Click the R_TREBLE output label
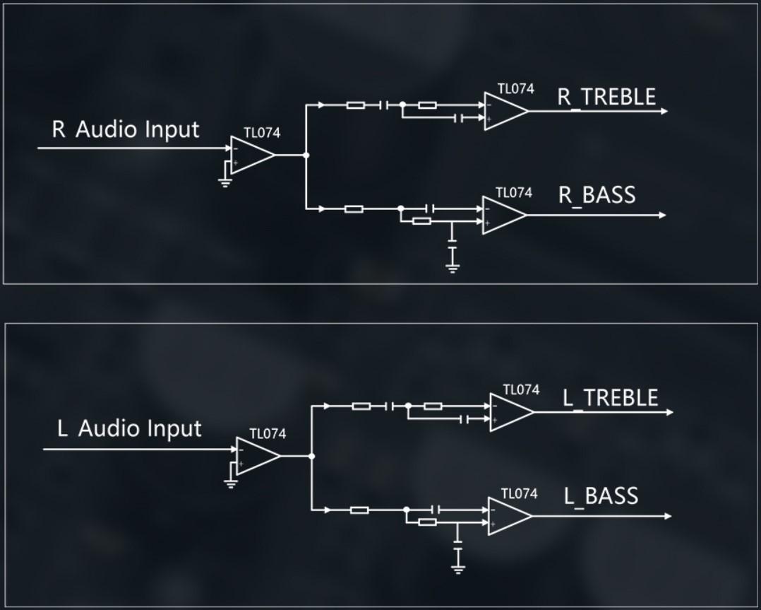tap(606, 97)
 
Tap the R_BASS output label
tap(597, 194)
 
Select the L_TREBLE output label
tap(610, 397)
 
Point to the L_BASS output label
tap(601, 495)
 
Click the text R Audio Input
tap(126, 130)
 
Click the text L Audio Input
tap(129, 429)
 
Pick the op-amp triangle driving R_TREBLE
tap(504, 111)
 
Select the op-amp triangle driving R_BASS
tap(503, 215)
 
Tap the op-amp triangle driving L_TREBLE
tap(510, 412)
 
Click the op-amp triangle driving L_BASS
tap(508, 516)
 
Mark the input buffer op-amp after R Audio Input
tap(251, 155)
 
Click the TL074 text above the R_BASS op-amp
tap(513, 192)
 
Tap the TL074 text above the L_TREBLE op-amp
tap(521, 389)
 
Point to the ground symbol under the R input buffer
tap(225, 183)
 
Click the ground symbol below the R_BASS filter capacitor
tap(453, 268)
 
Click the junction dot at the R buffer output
tap(306, 155)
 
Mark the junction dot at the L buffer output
tap(312, 456)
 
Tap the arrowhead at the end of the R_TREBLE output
tap(663, 111)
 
